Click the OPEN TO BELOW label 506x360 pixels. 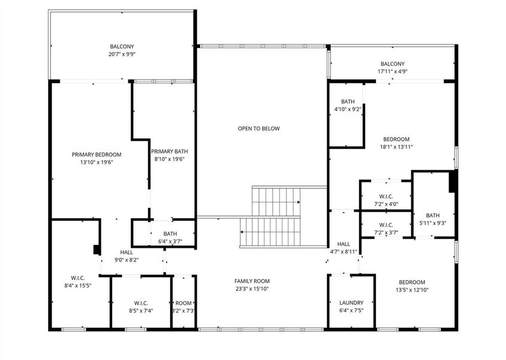[x=258, y=128]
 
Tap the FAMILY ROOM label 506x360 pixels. [x=252, y=281]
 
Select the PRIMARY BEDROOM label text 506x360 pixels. [x=97, y=155]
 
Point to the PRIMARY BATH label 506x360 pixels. [x=170, y=151]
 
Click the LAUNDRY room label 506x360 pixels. [x=351, y=303]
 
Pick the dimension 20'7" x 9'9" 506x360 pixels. [x=122, y=54]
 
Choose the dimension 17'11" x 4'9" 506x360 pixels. [x=393, y=71]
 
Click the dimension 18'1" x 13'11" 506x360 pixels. [x=396, y=147]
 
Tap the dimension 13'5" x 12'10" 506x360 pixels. [x=412, y=290]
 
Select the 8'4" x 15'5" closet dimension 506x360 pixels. [x=78, y=286]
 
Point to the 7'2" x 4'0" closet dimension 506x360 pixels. [x=386, y=204]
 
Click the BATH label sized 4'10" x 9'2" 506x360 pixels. [x=348, y=102]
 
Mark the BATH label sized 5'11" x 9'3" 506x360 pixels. [x=433, y=215]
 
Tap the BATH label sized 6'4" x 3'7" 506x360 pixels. [x=170, y=234]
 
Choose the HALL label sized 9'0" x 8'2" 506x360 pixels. [x=126, y=252]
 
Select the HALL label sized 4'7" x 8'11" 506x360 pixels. [x=344, y=244]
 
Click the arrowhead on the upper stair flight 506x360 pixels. [x=299, y=202]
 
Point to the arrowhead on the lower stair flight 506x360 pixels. [x=242, y=232]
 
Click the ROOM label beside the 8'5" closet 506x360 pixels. [x=183, y=303]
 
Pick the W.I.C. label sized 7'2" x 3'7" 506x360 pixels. [x=386, y=225]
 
